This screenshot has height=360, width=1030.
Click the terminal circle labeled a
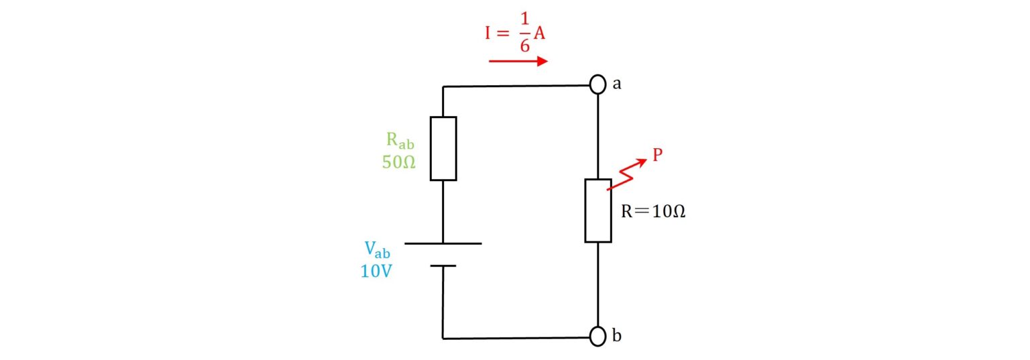[598, 84]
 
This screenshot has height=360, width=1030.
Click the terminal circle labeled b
[598, 337]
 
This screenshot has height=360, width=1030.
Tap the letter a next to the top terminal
[617, 84]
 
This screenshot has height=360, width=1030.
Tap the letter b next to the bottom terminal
[617, 336]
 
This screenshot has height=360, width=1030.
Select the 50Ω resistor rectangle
[443, 148]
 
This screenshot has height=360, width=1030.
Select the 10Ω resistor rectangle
[598, 210]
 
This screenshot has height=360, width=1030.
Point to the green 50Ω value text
[399, 162]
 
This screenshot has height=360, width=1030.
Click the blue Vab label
[377, 250]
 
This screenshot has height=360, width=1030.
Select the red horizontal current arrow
[518, 61]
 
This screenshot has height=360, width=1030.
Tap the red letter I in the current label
[489, 34]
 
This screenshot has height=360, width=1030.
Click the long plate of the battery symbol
[443, 243]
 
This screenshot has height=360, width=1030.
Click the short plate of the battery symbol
[443, 265]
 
